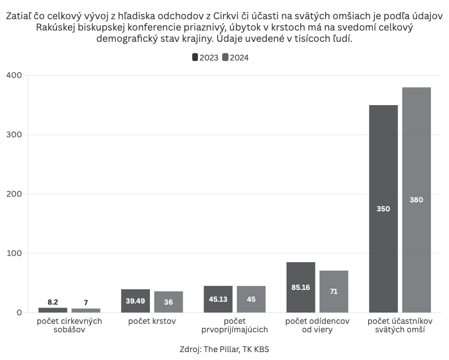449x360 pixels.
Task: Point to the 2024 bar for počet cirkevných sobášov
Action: pyautogui.click(x=86, y=310)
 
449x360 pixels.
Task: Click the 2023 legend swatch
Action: pyautogui.click(x=195, y=57)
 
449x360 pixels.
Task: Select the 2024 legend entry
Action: pyautogui.click(x=235, y=57)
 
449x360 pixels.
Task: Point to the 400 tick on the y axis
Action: pyautogui.click(x=14, y=75)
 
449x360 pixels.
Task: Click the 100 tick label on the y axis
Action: pyautogui.click(x=14, y=253)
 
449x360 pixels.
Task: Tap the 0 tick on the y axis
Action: pyautogui.click(x=19, y=313)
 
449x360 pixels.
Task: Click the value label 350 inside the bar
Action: pyautogui.click(x=383, y=209)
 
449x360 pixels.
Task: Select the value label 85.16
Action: pyautogui.click(x=300, y=287)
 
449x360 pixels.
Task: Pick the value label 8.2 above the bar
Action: pyautogui.click(x=53, y=302)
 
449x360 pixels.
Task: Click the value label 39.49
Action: pyautogui.click(x=135, y=301)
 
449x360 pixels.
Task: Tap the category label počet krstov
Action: pyautogui.click(x=152, y=322)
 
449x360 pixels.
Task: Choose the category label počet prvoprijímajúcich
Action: pyautogui.click(x=234, y=326)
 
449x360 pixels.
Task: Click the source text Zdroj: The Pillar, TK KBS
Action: pyautogui.click(x=224, y=349)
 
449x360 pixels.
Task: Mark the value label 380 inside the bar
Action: pyautogui.click(x=416, y=199)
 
